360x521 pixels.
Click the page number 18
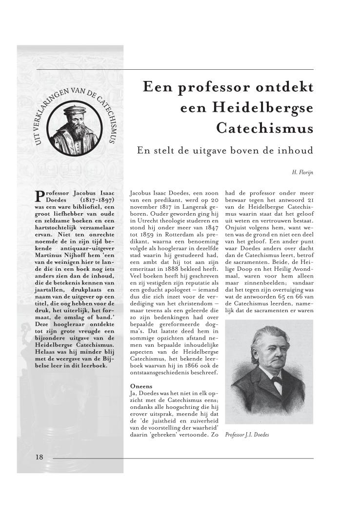click(40, 457)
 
